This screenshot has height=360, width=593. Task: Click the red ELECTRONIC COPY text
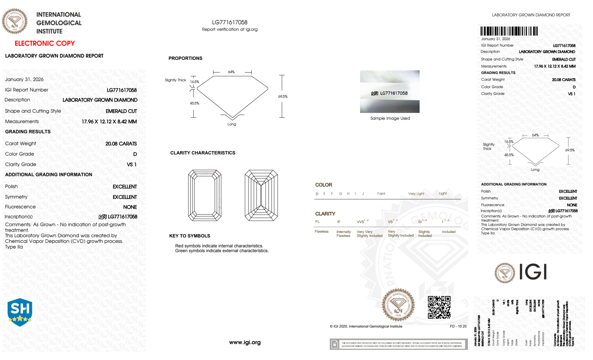(45, 44)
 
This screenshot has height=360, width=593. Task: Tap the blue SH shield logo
(20, 312)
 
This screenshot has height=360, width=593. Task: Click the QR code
(439, 307)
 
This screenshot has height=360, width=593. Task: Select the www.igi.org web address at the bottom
(245, 343)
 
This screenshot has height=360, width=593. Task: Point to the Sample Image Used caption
(390, 119)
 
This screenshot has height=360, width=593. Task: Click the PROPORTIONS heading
(185, 58)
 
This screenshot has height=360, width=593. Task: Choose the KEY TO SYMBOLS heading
(190, 236)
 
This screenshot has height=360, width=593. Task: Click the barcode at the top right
(509, 31)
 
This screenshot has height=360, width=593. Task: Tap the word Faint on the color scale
(381, 194)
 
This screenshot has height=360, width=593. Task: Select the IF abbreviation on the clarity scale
(339, 222)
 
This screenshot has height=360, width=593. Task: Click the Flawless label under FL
(321, 232)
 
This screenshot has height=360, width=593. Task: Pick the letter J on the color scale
(363, 194)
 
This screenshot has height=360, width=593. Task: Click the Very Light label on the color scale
(416, 194)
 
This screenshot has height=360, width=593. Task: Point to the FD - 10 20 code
(458, 327)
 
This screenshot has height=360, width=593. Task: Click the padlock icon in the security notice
(335, 344)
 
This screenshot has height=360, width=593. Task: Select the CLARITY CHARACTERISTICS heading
(203, 153)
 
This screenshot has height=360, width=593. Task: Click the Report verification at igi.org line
(230, 30)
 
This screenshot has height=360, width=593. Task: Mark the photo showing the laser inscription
(390, 92)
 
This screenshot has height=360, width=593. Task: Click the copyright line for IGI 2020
(366, 327)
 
